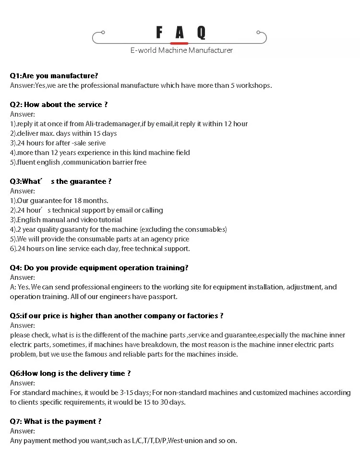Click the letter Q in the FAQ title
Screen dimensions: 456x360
click(x=201, y=33)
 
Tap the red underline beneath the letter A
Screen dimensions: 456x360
click(x=179, y=43)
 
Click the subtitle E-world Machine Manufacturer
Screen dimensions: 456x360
click(x=181, y=50)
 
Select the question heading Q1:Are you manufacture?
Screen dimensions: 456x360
click(x=54, y=76)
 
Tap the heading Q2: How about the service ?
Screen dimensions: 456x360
click(x=59, y=105)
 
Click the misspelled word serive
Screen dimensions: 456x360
click(x=96, y=143)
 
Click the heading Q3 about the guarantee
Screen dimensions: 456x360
click(x=60, y=181)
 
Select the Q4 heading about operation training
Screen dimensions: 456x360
click(x=99, y=268)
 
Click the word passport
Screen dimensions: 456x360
click(x=163, y=297)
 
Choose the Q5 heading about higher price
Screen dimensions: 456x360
click(x=117, y=316)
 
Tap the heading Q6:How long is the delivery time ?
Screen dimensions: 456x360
click(x=70, y=373)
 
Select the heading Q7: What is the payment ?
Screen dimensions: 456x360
click(x=56, y=421)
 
